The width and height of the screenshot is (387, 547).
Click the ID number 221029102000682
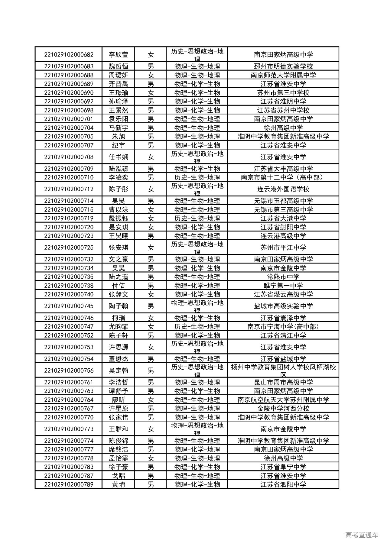click(69, 55)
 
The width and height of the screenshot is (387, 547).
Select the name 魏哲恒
click(118, 66)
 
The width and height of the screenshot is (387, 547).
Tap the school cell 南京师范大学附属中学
click(283, 75)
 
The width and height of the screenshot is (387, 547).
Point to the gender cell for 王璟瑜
click(151, 92)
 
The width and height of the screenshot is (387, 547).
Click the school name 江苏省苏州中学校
click(283, 110)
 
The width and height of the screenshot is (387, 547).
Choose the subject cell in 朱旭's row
click(197, 136)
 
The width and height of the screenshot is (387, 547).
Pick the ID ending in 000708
click(69, 157)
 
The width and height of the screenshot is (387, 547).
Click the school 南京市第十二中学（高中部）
click(283, 177)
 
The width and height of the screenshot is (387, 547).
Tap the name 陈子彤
click(118, 189)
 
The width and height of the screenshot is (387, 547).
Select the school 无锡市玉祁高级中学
click(283, 201)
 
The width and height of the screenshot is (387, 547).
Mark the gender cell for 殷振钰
click(151, 218)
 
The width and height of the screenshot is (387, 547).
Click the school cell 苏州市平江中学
click(283, 248)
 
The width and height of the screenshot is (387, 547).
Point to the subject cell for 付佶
click(197, 285)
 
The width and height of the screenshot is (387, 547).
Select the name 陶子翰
click(118, 306)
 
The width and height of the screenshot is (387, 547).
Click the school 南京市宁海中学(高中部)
click(283, 326)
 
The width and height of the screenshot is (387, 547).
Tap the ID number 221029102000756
click(69, 371)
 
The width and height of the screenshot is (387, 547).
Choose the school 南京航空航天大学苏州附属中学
click(283, 400)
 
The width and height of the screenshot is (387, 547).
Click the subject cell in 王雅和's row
click(197, 429)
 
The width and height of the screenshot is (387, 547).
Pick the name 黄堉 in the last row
click(118, 484)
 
